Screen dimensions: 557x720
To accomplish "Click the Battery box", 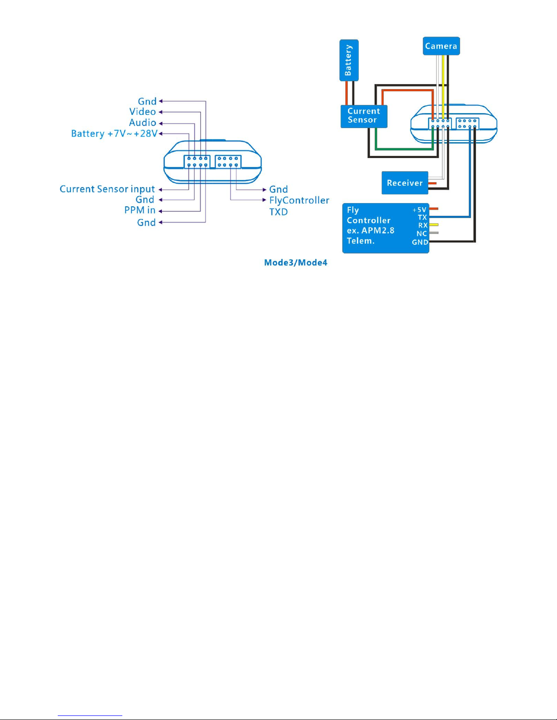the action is coord(349,60).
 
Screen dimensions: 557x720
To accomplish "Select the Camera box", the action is coord(442,46).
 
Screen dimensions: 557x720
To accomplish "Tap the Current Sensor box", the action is coord(364,116).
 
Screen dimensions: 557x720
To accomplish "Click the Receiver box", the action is coord(405,183).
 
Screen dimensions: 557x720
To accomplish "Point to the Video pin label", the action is coord(143,112).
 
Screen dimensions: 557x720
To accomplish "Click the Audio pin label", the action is coord(143,123).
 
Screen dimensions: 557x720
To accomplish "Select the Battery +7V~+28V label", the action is coord(115,134).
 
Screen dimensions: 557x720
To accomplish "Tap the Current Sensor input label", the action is coord(107,189).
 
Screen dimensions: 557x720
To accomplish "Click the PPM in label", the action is coord(140,210).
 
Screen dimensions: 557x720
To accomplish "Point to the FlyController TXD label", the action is coord(299,206).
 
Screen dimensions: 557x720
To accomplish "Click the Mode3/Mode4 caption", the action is coord(296,263).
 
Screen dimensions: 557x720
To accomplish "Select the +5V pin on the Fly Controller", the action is coord(419,210).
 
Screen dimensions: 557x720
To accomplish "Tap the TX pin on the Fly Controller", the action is coord(422,217).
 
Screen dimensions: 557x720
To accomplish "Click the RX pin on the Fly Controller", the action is coord(423,225).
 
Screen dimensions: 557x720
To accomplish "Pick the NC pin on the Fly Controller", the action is coord(422,233).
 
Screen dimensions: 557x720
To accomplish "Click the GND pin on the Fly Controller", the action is coord(420,242).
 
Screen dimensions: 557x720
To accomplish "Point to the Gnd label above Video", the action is coord(147,101).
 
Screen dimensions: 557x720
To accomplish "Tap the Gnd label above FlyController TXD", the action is coord(278,189).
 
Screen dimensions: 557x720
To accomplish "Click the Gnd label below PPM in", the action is coord(146,222).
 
